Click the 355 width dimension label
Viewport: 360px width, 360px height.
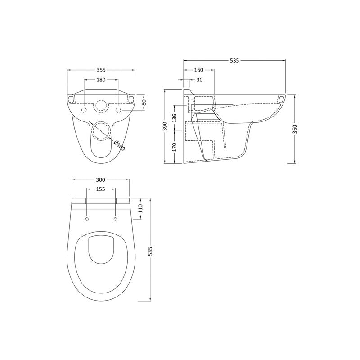tap(101, 70)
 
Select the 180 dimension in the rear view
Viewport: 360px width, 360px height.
tap(101, 80)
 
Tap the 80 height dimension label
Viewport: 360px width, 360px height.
tap(144, 102)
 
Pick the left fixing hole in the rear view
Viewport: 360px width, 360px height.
tap(84, 110)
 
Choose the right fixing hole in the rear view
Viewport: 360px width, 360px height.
tap(118, 110)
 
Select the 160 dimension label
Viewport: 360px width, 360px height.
tap(198, 70)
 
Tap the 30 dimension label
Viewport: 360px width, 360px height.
tap(199, 80)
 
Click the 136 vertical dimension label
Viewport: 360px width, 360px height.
tap(175, 118)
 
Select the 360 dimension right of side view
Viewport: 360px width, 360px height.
tap(295, 129)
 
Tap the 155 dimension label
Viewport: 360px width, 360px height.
tap(101, 189)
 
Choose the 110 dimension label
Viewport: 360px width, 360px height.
tap(140, 208)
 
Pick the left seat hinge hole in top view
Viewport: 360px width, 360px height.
tap(86, 219)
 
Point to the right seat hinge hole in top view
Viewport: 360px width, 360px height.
tap(116, 219)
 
